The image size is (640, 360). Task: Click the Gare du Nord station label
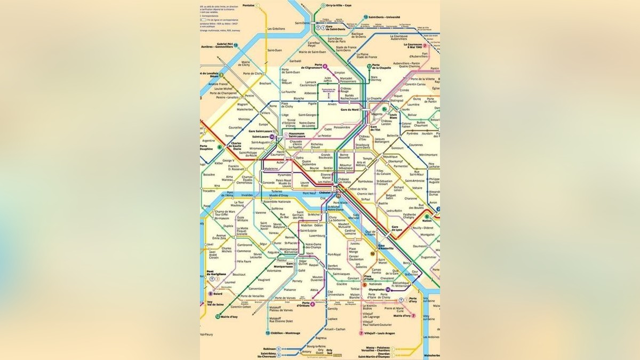pos(349,110)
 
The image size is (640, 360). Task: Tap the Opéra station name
pos(299,158)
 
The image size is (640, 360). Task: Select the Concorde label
pos(269,182)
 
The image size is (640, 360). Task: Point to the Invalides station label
pos(247,195)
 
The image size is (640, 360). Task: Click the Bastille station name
pos(383,203)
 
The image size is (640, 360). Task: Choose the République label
pos(390,156)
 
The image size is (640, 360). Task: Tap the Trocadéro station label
pos(209,190)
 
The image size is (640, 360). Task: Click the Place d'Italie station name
pos(369,278)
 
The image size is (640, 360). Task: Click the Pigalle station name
pos(312,104)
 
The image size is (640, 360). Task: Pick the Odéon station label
pos(318,225)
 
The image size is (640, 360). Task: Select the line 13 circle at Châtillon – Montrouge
pos(267,333)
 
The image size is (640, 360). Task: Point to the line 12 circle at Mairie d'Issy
pos(218,316)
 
